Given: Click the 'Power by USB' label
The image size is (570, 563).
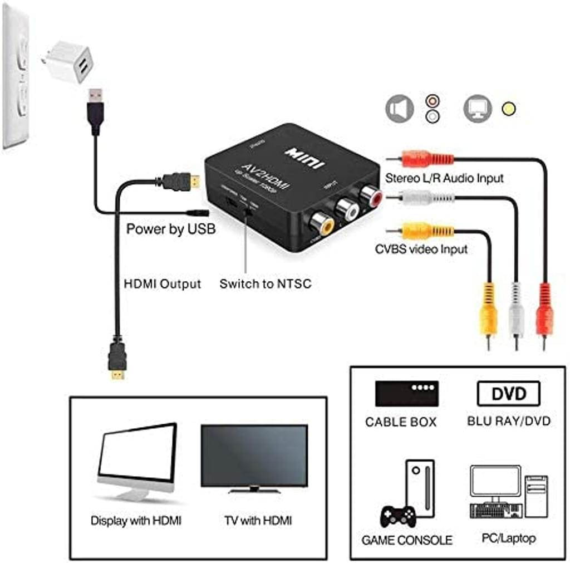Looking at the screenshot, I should pos(171,229).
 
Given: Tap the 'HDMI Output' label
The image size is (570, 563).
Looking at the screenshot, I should pos(161,283).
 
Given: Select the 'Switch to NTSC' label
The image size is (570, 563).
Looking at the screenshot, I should pos(265,284).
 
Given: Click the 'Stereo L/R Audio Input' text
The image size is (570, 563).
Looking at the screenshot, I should pos(444,178).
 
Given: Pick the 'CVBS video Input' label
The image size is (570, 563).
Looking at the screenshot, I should pos(421,249).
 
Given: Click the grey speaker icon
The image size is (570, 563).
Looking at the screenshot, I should pos(400,109).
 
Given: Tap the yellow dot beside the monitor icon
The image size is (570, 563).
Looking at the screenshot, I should pos(508,109).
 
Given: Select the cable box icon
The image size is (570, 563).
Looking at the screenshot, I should pos(407,393).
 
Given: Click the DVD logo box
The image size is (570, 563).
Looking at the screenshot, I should pos(508,394).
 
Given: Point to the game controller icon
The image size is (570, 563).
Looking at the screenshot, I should pos(397,516).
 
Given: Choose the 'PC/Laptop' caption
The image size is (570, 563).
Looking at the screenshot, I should pos(508,538).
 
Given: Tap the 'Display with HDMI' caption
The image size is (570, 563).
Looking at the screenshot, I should pos(136,521).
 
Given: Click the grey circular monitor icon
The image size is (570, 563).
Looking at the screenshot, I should pos(478,109).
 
